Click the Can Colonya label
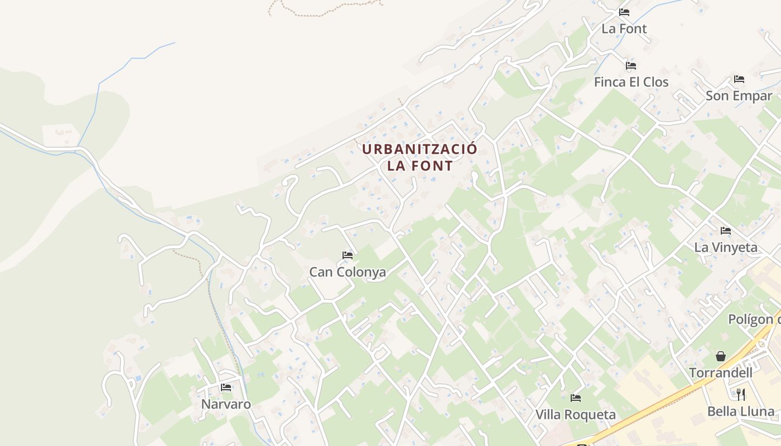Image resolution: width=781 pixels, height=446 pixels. click(348, 272)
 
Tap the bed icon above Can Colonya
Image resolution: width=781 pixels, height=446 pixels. click(348, 255)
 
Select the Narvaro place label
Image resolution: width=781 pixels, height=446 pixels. click(226, 404)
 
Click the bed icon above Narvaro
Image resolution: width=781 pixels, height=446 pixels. click(226, 387)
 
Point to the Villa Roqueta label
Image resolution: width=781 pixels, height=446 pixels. click(576, 415)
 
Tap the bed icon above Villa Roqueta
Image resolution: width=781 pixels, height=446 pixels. click(576, 398)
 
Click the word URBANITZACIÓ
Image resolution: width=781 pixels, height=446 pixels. click(420, 149)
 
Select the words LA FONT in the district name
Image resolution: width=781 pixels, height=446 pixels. click(420, 166)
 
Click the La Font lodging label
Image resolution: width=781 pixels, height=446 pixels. click(624, 28)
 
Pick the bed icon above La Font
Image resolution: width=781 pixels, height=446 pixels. click(624, 12)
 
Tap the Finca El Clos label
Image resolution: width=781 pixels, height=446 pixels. click(631, 82)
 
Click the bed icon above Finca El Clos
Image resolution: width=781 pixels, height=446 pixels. click(631, 65)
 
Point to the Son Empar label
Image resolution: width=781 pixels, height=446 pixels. click(739, 95)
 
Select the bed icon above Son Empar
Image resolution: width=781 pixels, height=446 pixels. click(739, 79)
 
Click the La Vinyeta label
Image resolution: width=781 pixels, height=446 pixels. click(726, 247)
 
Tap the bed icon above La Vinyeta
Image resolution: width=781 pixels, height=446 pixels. click(726, 230)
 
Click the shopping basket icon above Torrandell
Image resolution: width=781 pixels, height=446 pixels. click(721, 356)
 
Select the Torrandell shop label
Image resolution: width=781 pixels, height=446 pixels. click(721, 372)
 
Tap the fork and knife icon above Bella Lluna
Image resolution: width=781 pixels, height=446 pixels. click(741, 395)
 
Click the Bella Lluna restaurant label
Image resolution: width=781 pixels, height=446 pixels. click(741, 412)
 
